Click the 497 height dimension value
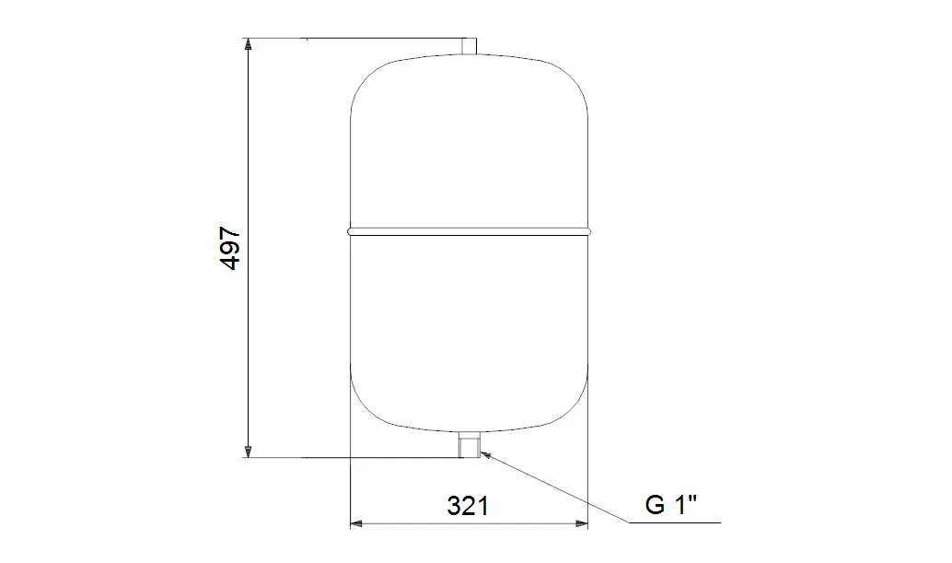coord(231,249)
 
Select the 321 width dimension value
coord(468,505)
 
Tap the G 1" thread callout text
coord(671,505)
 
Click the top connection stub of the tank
coord(469,47)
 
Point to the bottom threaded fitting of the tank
coord(470,444)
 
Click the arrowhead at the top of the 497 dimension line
coord(247,43)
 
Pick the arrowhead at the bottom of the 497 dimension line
coord(247,452)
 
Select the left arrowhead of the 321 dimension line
coord(356,522)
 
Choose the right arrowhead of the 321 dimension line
coord(582,522)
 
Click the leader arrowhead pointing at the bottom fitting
coord(484,453)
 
